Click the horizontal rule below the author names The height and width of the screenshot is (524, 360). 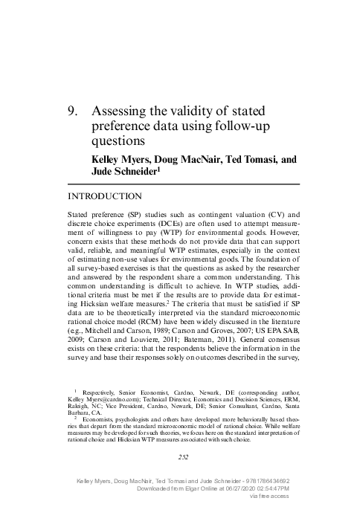tap(184, 184)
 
